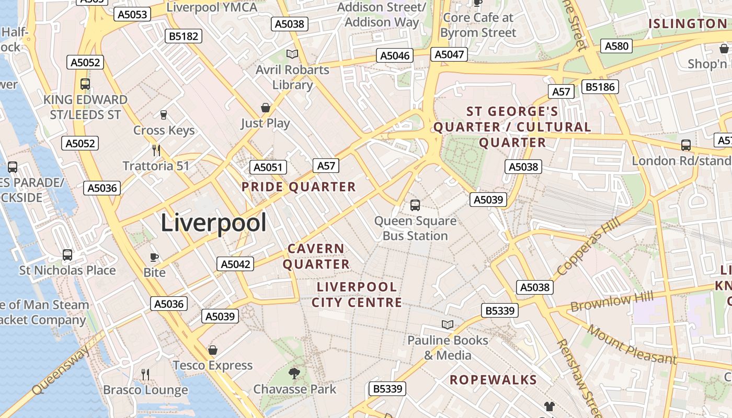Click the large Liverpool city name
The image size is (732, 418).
click(x=213, y=223)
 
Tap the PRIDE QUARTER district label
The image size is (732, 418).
click(x=299, y=187)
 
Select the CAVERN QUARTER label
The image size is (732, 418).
click(x=316, y=256)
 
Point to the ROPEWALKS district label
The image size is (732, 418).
click(x=493, y=380)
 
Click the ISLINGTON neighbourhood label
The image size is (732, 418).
click(x=688, y=24)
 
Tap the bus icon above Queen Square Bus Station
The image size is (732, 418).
click(x=415, y=205)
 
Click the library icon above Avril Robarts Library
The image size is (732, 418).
click(x=292, y=54)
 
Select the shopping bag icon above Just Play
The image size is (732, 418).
click(x=266, y=108)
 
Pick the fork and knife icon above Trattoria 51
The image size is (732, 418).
click(x=156, y=150)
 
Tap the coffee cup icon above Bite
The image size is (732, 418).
click(x=154, y=257)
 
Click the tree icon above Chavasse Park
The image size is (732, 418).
click(x=294, y=373)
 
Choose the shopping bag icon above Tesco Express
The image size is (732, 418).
click(x=212, y=350)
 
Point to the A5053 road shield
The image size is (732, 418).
click(x=132, y=14)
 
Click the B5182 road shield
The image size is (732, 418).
click(x=184, y=36)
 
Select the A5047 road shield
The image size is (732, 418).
click(x=450, y=54)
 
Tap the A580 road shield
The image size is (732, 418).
click(x=616, y=46)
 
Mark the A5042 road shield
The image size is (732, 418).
click(x=235, y=264)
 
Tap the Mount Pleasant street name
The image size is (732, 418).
click(x=631, y=344)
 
